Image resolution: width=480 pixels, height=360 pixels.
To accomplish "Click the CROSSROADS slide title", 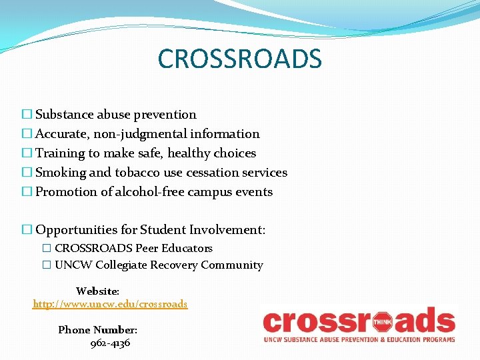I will pyautogui.click(x=239, y=59).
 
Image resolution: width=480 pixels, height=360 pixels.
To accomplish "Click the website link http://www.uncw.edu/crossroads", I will pyautogui.click(x=110, y=304).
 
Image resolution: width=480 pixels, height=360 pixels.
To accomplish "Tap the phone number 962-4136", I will pyautogui.click(x=110, y=343).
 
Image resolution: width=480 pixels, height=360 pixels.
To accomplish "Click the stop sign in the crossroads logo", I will pyautogui.click(x=381, y=323).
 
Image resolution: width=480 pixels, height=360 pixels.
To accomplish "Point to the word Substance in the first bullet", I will pyautogui.click(x=65, y=115).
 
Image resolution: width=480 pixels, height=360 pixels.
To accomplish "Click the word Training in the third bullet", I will pyautogui.click(x=60, y=153).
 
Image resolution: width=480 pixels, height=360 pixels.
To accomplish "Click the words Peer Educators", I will pyautogui.click(x=174, y=248).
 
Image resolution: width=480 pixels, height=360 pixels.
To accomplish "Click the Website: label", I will pyautogui.click(x=97, y=291).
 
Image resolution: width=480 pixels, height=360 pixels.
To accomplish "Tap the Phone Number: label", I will pyautogui.click(x=98, y=330).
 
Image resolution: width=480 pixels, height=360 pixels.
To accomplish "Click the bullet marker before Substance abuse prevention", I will pyautogui.click(x=27, y=115).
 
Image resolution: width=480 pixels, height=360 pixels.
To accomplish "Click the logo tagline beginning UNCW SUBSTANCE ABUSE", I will pyautogui.click(x=359, y=339).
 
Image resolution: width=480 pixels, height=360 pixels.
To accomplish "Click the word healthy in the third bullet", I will pyautogui.click(x=189, y=153).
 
